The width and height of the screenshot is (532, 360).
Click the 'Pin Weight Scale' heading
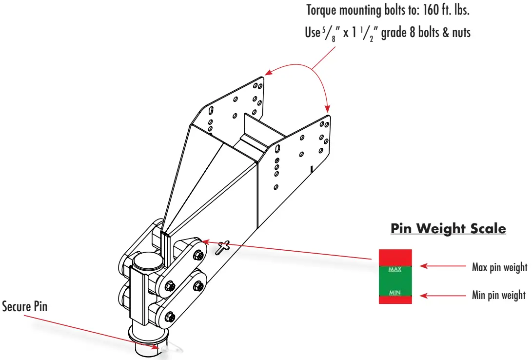(448, 228)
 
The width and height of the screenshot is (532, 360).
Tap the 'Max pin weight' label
(499, 267)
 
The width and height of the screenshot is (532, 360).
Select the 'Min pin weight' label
(498, 295)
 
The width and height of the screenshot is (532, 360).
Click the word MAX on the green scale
(395, 269)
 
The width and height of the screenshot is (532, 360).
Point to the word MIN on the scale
(395, 293)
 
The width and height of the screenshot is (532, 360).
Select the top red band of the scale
(395, 258)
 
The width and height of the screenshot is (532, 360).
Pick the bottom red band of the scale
(395, 300)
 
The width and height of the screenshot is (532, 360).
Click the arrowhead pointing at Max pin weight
(423, 266)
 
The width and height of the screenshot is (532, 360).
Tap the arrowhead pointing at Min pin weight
(423, 295)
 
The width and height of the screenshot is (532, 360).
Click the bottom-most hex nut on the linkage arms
(170, 316)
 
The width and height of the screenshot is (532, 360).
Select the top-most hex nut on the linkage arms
(198, 255)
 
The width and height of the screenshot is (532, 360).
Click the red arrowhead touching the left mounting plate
(267, 75)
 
